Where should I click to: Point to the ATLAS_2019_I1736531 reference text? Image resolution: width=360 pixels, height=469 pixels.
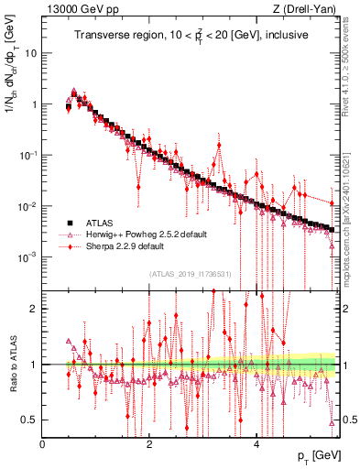click(191, 274)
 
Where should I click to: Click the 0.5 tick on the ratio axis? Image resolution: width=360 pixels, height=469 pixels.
click(30, 420)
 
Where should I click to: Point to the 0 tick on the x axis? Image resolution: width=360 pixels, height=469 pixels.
click(43, 445)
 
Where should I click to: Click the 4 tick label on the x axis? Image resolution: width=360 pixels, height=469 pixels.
click(257, 445)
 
